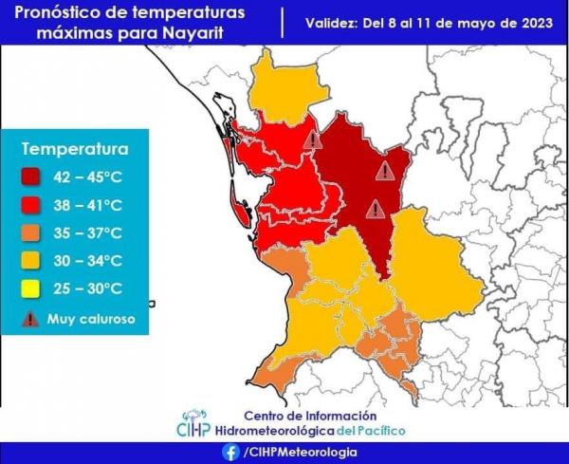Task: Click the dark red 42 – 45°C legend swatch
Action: pyautogui.click(x=30, y=177)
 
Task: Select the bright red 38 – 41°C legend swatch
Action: pyautogui.click(x=30, y=205)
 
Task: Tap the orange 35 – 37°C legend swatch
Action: pyautogui.click(x=30, y=233)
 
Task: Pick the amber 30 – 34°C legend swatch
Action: pyautogui.click(x=30, y=261)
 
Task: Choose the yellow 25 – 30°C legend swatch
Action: pyautogui.click(x=30, y=289)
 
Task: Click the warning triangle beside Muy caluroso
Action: pyautogui.click(x=30, y=319)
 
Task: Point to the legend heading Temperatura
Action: pyautogui.click(x=75, y=149)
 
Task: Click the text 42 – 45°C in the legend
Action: pyautogui.click(x=87, y=177)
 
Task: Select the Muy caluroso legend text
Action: pyautogui.click(x=91, y=319)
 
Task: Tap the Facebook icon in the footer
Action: pyautogui.click(x=230, y=453)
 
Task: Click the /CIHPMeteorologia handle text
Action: pyautogui.click(x=301, y=453)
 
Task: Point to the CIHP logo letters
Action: pyautogui.click(x=193, y=429)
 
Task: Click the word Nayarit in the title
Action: pyautogui.click(x=193, y=33)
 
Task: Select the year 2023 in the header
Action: pyautogui.click(x=538, y=23)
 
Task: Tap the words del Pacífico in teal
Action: pyautogui.click(x=371, y=431)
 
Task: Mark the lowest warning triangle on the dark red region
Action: pyautogui.click(x=376, y=210)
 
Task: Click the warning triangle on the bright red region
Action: pyautogui.click(x=313, y=139)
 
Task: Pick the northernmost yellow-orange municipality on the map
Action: pyautogui.click(x=286, y=89)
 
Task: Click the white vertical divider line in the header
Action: pyautogui.click(x=283, y=23)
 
